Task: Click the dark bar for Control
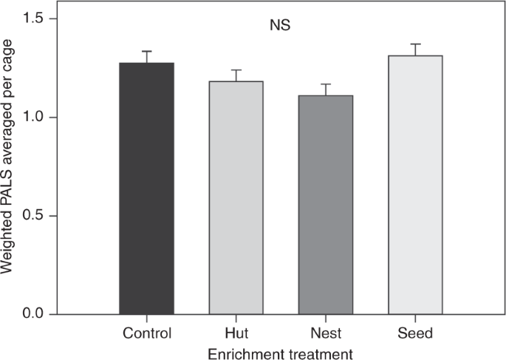[x=146, y=189]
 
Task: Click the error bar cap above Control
[x=146, y=52]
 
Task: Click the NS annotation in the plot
[x=280, y=25]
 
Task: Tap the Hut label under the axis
[x=236, y=333]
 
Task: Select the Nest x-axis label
[x=325, y=333]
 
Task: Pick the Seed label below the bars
[x=414, y=333]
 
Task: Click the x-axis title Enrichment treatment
[x=280, y=353]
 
